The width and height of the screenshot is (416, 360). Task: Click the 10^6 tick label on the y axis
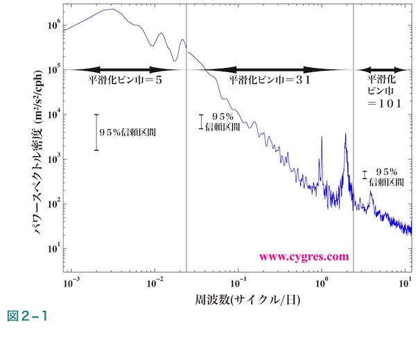coord(52,24)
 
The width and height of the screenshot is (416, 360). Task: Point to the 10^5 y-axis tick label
coord(52,69)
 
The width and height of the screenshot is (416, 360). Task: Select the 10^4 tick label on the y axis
coord(52,114)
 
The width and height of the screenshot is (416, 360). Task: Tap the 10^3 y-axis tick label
coord(52,159)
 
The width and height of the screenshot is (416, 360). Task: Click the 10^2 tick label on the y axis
coord(52,203)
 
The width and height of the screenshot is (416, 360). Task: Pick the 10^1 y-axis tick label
coord(52,248)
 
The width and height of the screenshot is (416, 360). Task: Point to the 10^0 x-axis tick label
coord(322,283)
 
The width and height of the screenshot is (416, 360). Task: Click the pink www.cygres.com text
coord(304,256)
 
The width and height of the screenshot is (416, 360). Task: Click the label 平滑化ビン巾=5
coord(125,81)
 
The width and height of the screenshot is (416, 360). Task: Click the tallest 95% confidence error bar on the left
coord(96,132)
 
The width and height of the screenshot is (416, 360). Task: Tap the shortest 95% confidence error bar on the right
coord(365,175)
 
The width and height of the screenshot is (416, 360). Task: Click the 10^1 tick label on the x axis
coord(406,283)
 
